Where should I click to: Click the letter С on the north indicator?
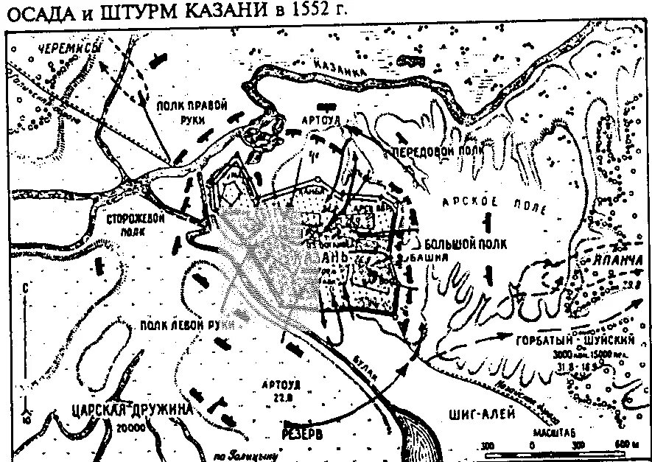point(26,287)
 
